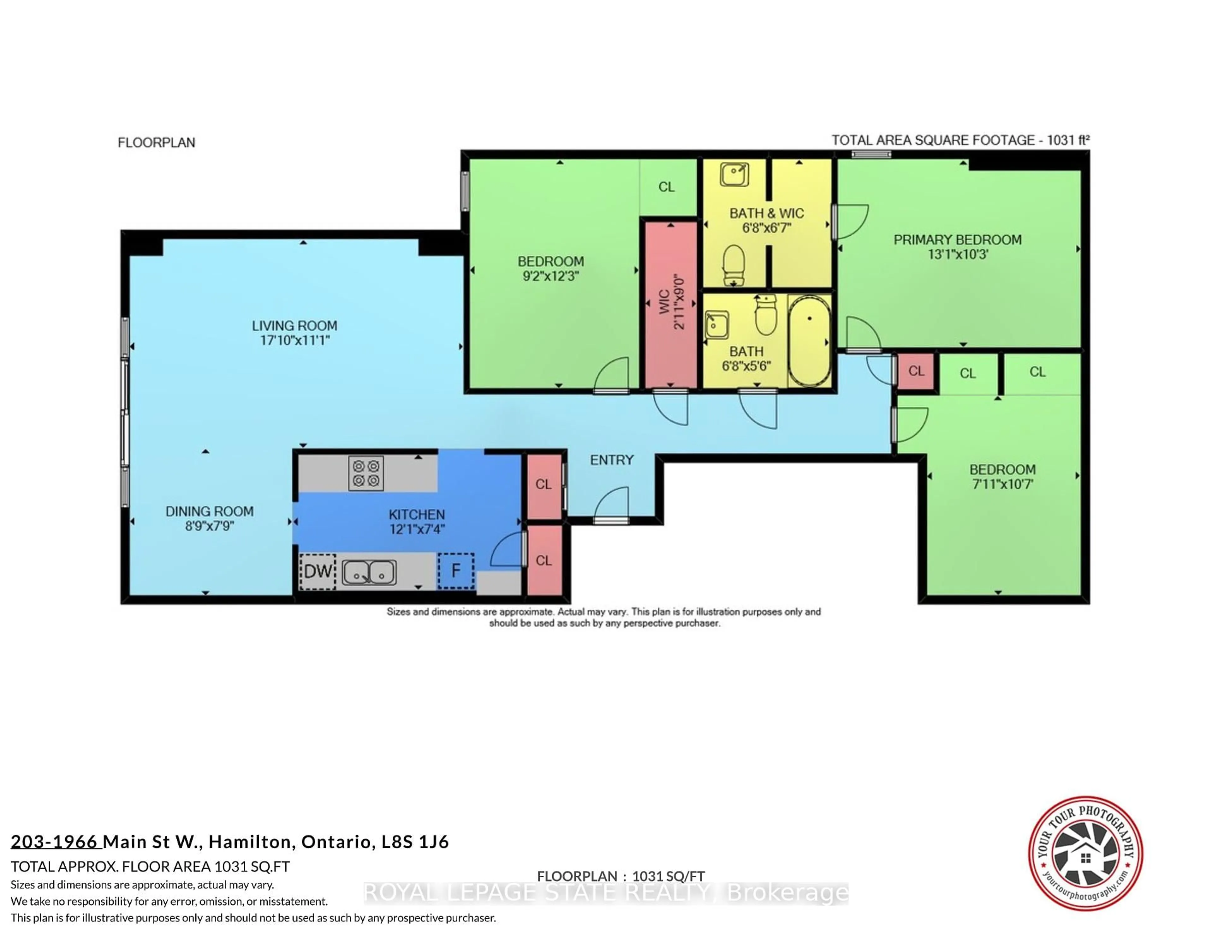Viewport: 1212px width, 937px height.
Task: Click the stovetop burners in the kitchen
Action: point(366,473)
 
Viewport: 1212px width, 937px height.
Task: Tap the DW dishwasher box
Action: point(318,571)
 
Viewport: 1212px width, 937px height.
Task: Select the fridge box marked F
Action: point(456,571)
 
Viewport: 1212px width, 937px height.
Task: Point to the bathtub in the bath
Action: point(809,341)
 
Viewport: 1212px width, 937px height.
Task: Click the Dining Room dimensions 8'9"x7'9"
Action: point(210,525)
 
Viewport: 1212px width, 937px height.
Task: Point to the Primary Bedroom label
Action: point(957,240)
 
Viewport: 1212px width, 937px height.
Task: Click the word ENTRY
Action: point(612,460)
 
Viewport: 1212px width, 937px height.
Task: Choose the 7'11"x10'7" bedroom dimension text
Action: point(1002,484)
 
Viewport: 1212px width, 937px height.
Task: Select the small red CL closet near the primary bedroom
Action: point(916,371)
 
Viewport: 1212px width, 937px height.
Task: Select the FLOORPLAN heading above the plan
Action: point(157,143)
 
